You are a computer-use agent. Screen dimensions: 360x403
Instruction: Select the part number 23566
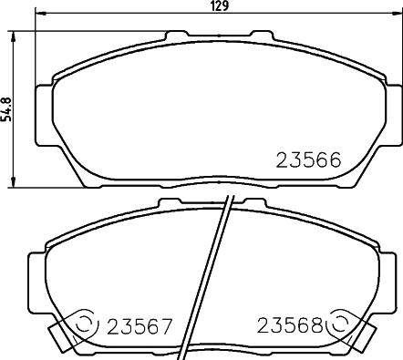tap(307, 160)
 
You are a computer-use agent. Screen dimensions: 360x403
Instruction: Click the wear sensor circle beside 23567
tap(85, 324)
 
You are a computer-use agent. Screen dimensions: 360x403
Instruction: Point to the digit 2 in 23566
tap(282, 160)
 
